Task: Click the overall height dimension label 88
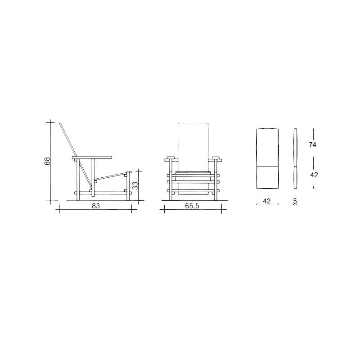click(x=47, y=161)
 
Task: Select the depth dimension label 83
click(x=96, y=206)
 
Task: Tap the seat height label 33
click(x=135, y=185)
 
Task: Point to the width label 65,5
click(x=192, y=206)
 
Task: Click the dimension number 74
click(x=312, y=144)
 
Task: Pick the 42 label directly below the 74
click(x=314, y=175)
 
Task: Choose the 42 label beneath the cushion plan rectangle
click(x=266, y=201)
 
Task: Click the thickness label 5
click(x=295, y=201)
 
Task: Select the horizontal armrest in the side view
click(x=92, y=158)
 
